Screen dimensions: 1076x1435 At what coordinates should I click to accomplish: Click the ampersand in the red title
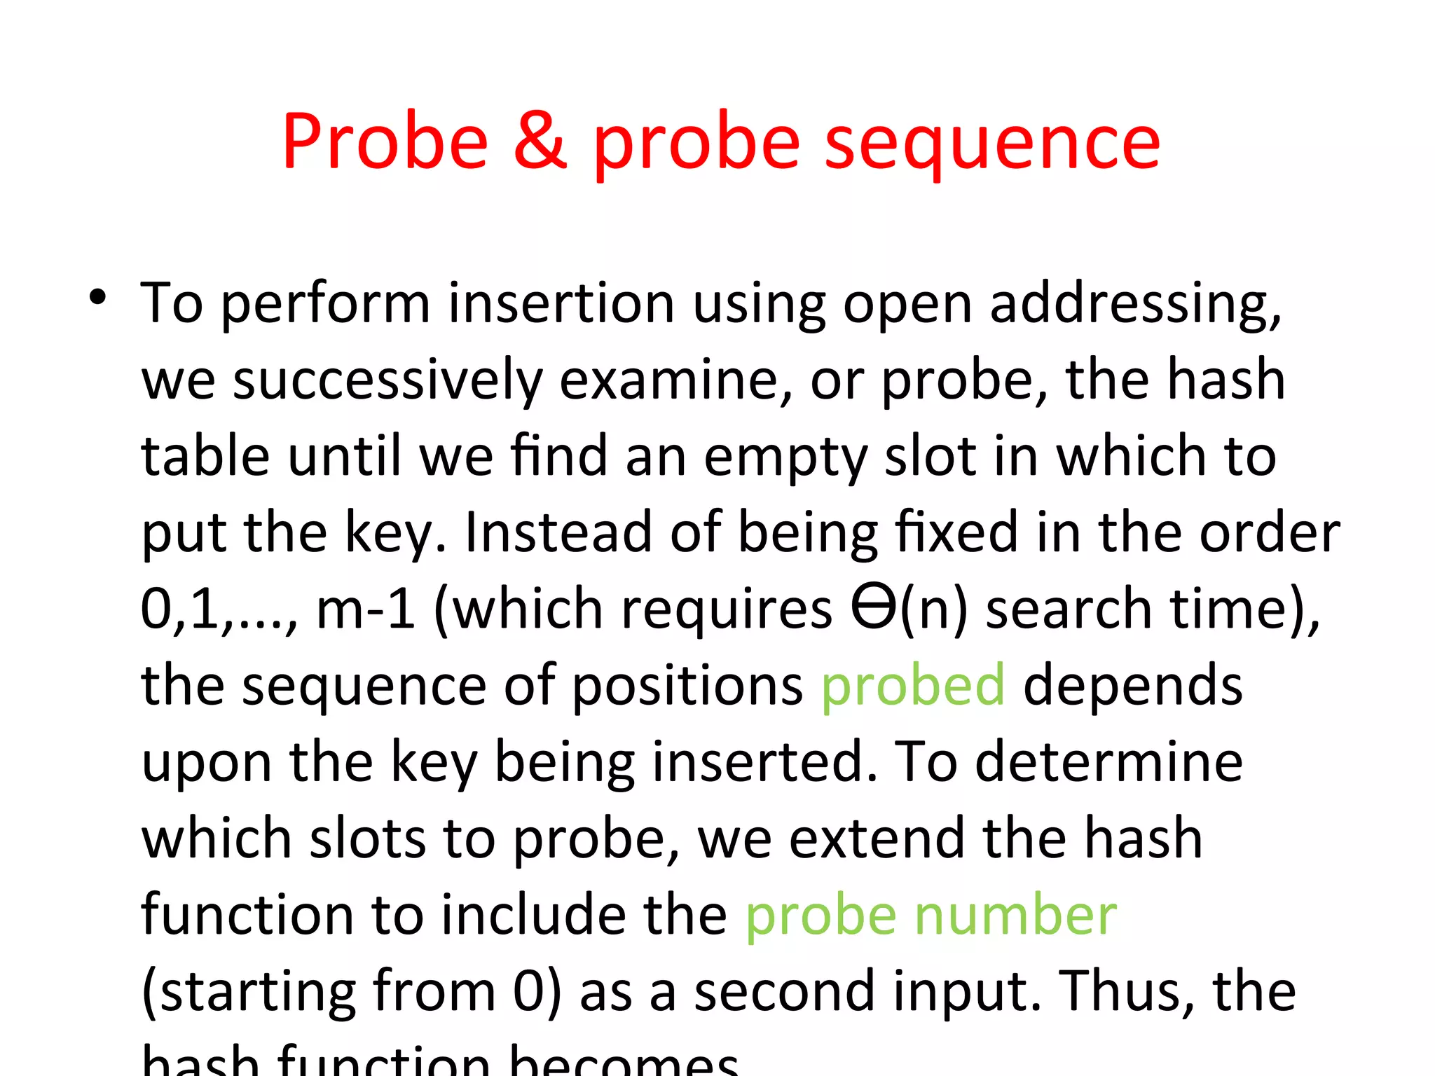(540, 143)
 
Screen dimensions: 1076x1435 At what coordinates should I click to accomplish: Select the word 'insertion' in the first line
(561, 304)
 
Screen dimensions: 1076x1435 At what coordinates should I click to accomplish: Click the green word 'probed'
(912, 685)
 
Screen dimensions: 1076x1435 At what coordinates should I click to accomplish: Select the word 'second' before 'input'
(785, 992)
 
